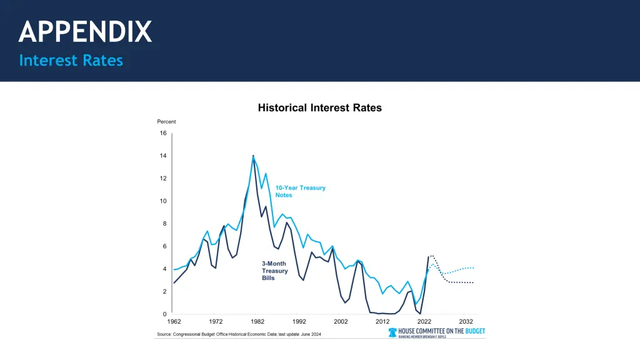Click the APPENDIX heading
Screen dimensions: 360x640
[x=85, y=31]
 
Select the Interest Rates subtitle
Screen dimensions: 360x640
[x=71, y=61]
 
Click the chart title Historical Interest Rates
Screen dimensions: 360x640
[x=319, y=107]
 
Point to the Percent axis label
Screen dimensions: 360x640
[x=166, y=122]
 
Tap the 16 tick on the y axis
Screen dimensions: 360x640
[x=163, y=133]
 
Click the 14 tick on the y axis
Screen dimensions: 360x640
[x=163, y=156]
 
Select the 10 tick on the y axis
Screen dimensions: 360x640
[x=163, y=201]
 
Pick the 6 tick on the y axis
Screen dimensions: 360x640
[x=164, y=246]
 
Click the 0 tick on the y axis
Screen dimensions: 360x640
[x=164, y=314]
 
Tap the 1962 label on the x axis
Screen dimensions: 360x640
[x=174, y=322]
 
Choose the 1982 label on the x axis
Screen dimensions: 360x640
[x=257, y=322]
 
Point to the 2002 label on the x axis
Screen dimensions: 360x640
[x=341, y=322]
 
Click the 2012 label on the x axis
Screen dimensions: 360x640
[x=382, y=322]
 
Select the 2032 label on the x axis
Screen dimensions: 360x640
[x=466, y=322]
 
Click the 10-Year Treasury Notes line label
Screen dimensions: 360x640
[x=300, y=191]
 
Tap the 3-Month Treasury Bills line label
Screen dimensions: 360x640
[x=274, y=271]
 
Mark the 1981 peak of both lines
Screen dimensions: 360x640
[x=253, y=156]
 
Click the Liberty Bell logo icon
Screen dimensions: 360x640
[x=392, y=332]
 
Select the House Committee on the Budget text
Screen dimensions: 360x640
[x=441, y=331]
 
